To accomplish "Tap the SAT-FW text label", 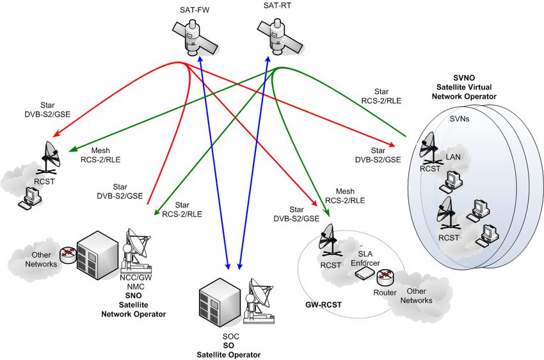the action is (195, 10).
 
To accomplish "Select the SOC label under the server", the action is (230, 336).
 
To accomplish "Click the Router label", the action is (385, 293).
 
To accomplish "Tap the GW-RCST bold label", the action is (323, 305).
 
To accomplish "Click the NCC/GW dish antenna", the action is (136, 250).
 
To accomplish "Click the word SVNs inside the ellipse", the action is (460, 119).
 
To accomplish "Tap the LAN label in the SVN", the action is (453, 157).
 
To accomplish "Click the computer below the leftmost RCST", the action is (30, 198).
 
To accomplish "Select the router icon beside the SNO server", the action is (68, 255).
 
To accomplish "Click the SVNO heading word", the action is (464, 78).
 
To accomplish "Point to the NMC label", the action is (136, 287).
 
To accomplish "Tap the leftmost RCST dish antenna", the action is (50, 158).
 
